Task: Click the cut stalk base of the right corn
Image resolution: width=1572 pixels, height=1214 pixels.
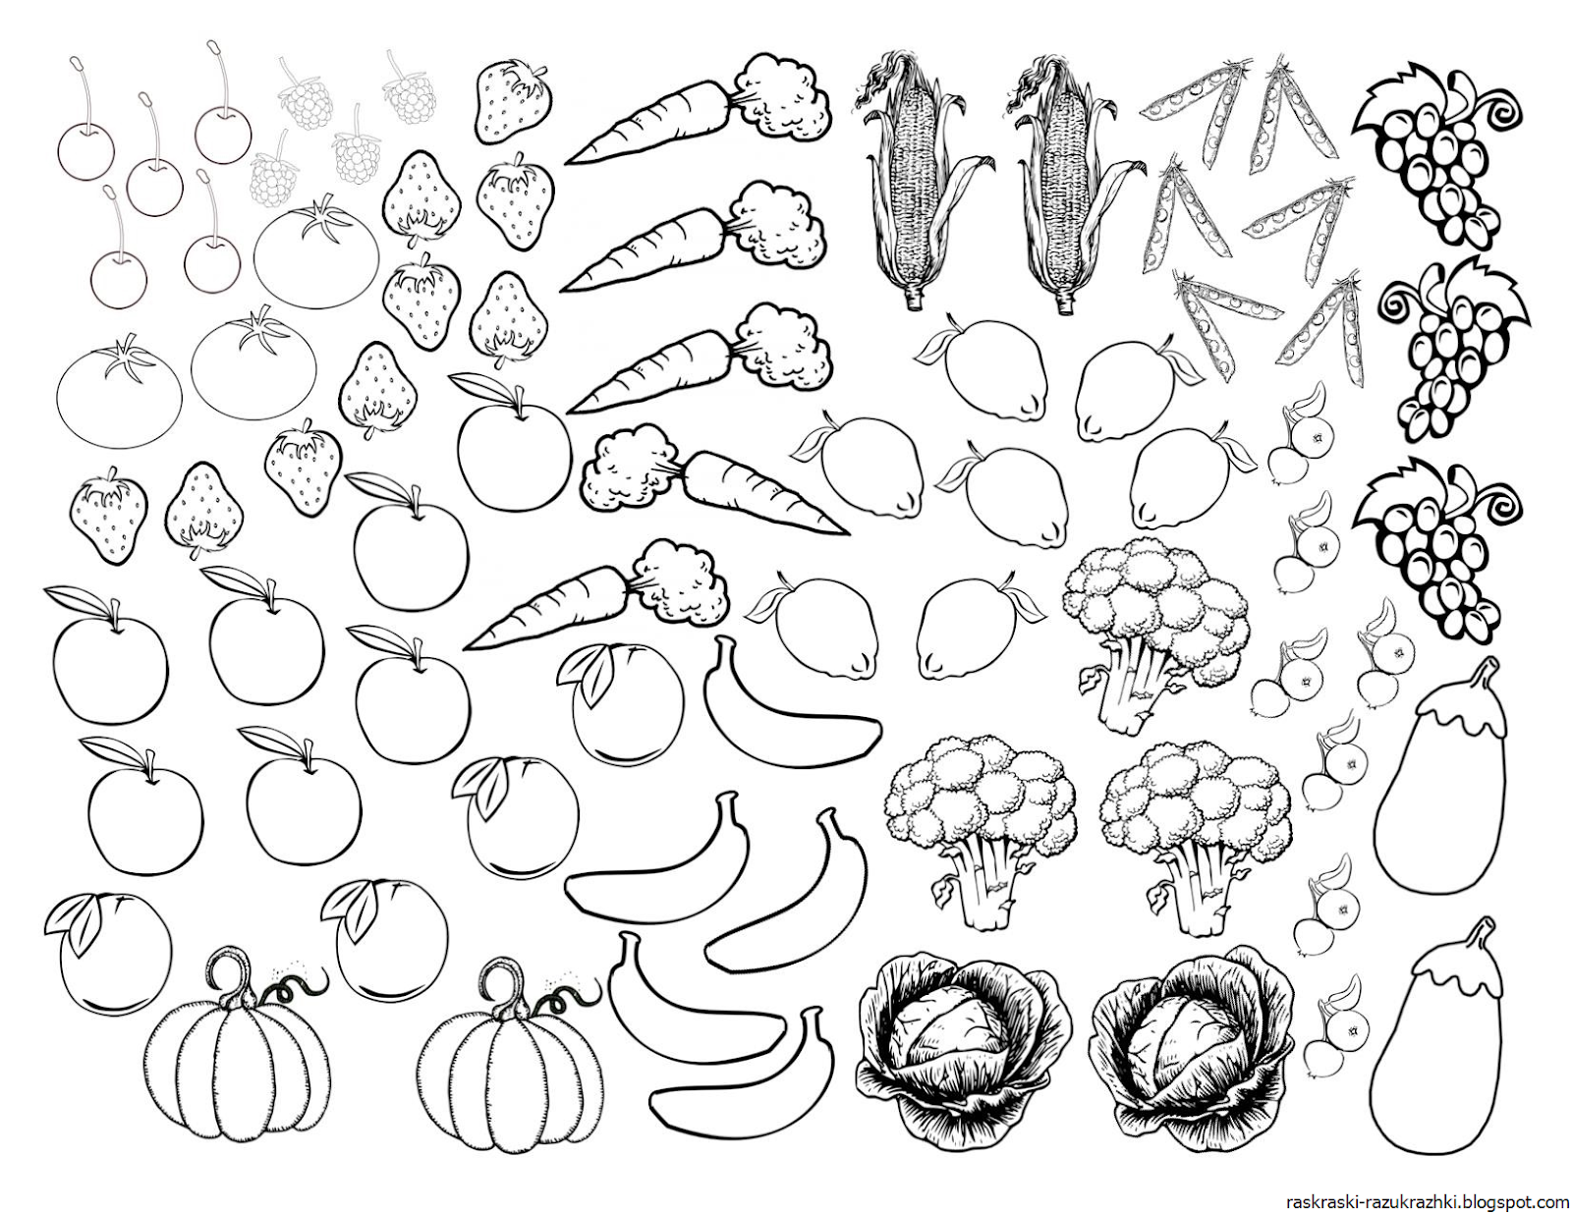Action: coord(1063,301)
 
